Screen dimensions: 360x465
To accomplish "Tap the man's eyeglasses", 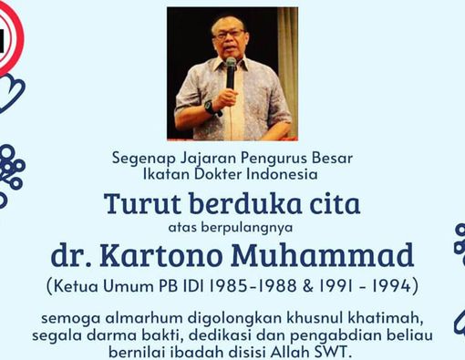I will (227, 32).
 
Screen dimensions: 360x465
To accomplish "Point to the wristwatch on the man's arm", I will (211, 107).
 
